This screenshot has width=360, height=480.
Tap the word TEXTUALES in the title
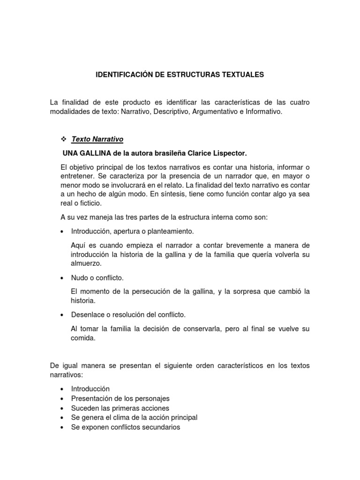(x=243, y=75)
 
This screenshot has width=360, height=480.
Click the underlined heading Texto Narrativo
(x=97, y=139)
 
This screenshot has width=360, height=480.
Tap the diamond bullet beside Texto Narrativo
(x=64, y=139)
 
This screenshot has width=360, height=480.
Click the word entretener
(x=77, y=175)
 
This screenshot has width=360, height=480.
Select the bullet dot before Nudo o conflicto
(x=62, y=278)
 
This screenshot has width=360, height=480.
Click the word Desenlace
(x=87, y=315)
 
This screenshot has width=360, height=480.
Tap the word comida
(x=83, y=337)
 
